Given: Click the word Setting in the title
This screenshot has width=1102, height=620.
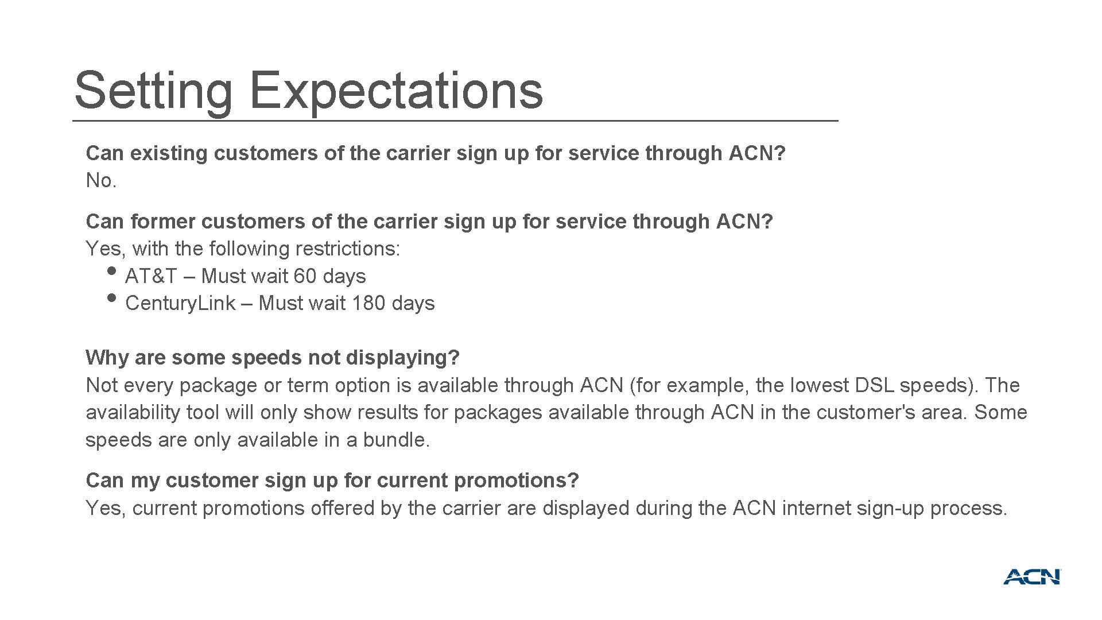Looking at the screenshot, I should coord(153,91).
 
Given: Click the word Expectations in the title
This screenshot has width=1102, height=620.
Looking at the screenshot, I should coord(396,91).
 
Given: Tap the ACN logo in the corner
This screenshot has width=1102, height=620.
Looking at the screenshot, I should coord(1032,577).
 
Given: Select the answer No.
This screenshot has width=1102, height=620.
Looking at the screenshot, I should coord(101,181).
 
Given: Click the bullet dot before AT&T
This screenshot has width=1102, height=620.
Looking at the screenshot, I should coord(112,270).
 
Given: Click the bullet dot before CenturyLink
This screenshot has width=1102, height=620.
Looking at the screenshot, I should coord(112,297).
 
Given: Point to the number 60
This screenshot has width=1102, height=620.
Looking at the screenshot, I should coord(305,276).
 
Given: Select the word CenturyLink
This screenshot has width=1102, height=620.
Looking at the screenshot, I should coord(180,303).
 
